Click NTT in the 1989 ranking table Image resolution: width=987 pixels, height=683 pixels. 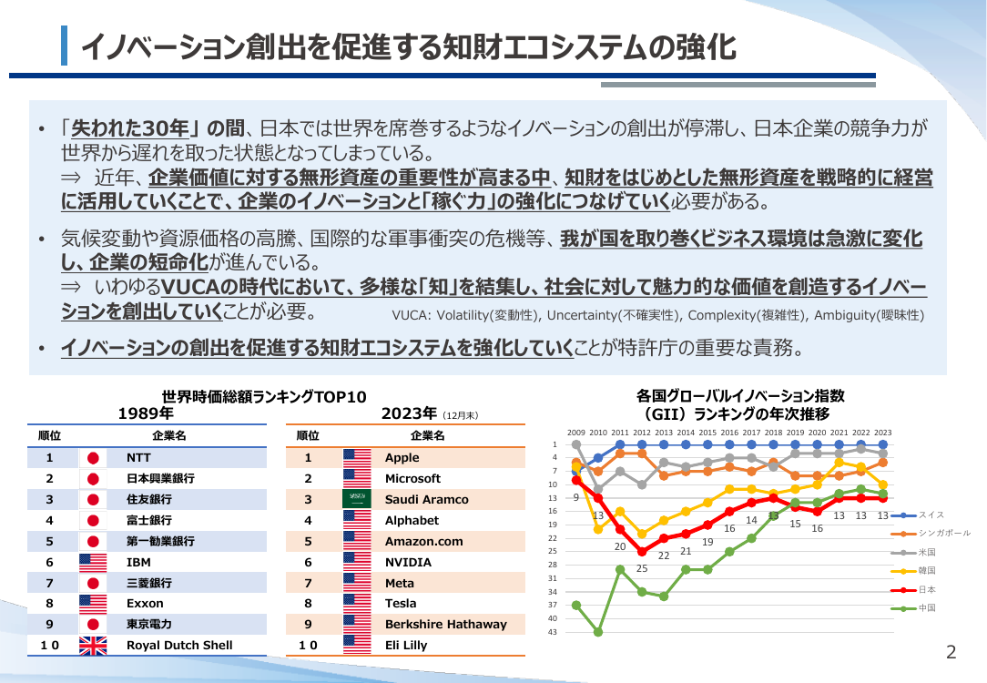138,458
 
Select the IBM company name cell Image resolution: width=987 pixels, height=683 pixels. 138,562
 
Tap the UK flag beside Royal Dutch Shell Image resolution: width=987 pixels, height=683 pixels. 93,646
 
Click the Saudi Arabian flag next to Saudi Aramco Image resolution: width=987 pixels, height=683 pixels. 357,498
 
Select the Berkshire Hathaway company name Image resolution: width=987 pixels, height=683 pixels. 445,624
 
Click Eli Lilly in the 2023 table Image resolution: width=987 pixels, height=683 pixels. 406,646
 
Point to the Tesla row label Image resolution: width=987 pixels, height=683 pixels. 401,603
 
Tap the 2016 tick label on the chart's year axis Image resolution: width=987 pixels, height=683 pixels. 729,433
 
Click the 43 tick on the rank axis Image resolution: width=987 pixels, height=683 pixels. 553,632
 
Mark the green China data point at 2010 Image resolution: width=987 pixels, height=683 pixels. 598,632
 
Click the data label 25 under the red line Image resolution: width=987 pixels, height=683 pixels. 641,568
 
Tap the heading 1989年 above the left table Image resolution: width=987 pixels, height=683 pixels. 146,413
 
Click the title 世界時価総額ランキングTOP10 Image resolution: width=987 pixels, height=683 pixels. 264,396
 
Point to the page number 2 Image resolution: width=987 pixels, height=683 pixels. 951,652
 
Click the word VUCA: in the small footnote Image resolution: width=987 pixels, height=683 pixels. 412,315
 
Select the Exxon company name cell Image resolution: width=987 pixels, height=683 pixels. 145,603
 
